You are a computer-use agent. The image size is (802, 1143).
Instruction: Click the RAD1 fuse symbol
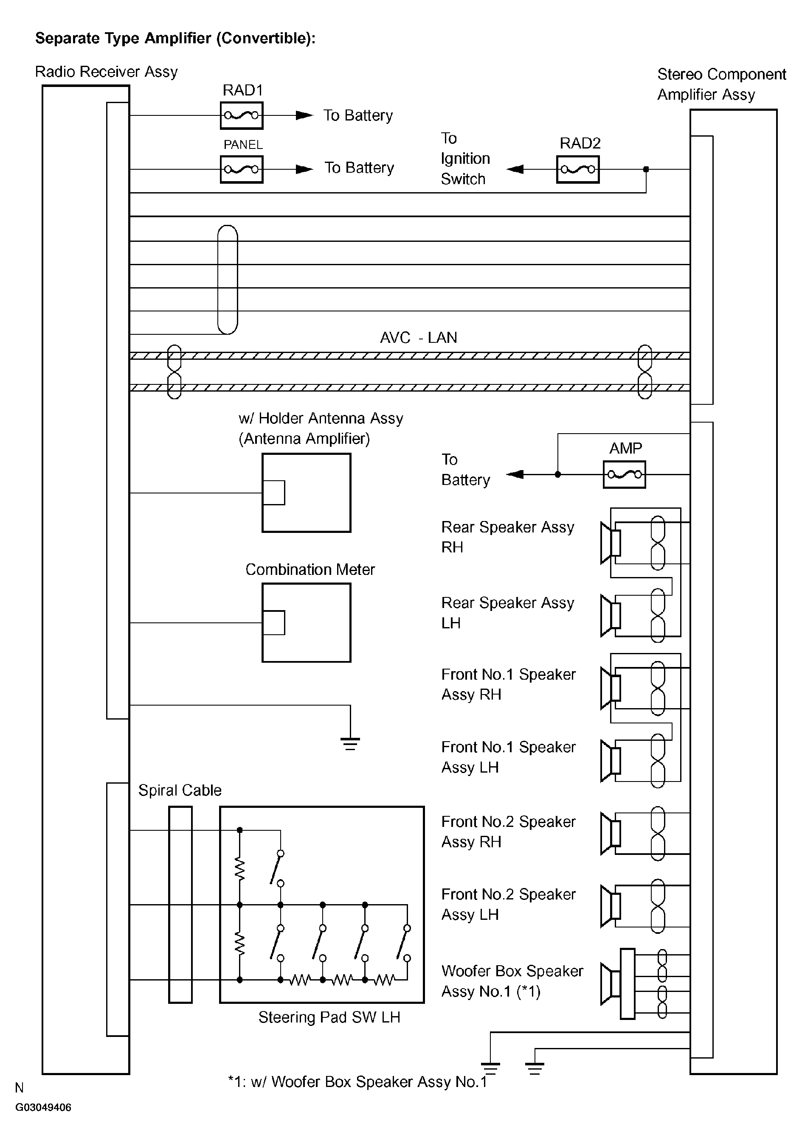[x=242, y=115]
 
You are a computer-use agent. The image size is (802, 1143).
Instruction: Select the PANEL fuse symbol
[x=242, y=169]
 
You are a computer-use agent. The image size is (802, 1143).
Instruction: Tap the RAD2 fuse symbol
[x=578, y=169]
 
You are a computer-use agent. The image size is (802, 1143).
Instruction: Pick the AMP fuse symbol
[x=624, y=474]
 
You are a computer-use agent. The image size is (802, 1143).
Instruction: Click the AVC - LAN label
[x=419, y=338]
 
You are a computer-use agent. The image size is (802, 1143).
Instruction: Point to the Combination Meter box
[x=307, y=622]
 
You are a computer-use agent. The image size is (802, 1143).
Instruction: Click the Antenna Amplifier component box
[x=307, y=493]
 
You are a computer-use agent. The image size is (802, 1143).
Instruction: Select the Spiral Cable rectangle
[x=180, y=905]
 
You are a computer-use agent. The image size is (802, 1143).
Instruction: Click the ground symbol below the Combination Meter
[x=350, y=744]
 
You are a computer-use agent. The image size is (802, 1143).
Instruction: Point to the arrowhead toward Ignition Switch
[x=515, y=169]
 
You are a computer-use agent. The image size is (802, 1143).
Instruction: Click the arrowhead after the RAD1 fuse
[x=304, y=115]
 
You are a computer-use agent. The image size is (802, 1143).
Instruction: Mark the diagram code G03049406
[x=43, y=1107]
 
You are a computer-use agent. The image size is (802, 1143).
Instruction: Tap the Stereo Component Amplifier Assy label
[x=721, y=84]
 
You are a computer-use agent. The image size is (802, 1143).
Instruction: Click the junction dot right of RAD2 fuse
[x=646, y=169]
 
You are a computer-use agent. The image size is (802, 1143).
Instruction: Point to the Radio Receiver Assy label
[x=106, y=72]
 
